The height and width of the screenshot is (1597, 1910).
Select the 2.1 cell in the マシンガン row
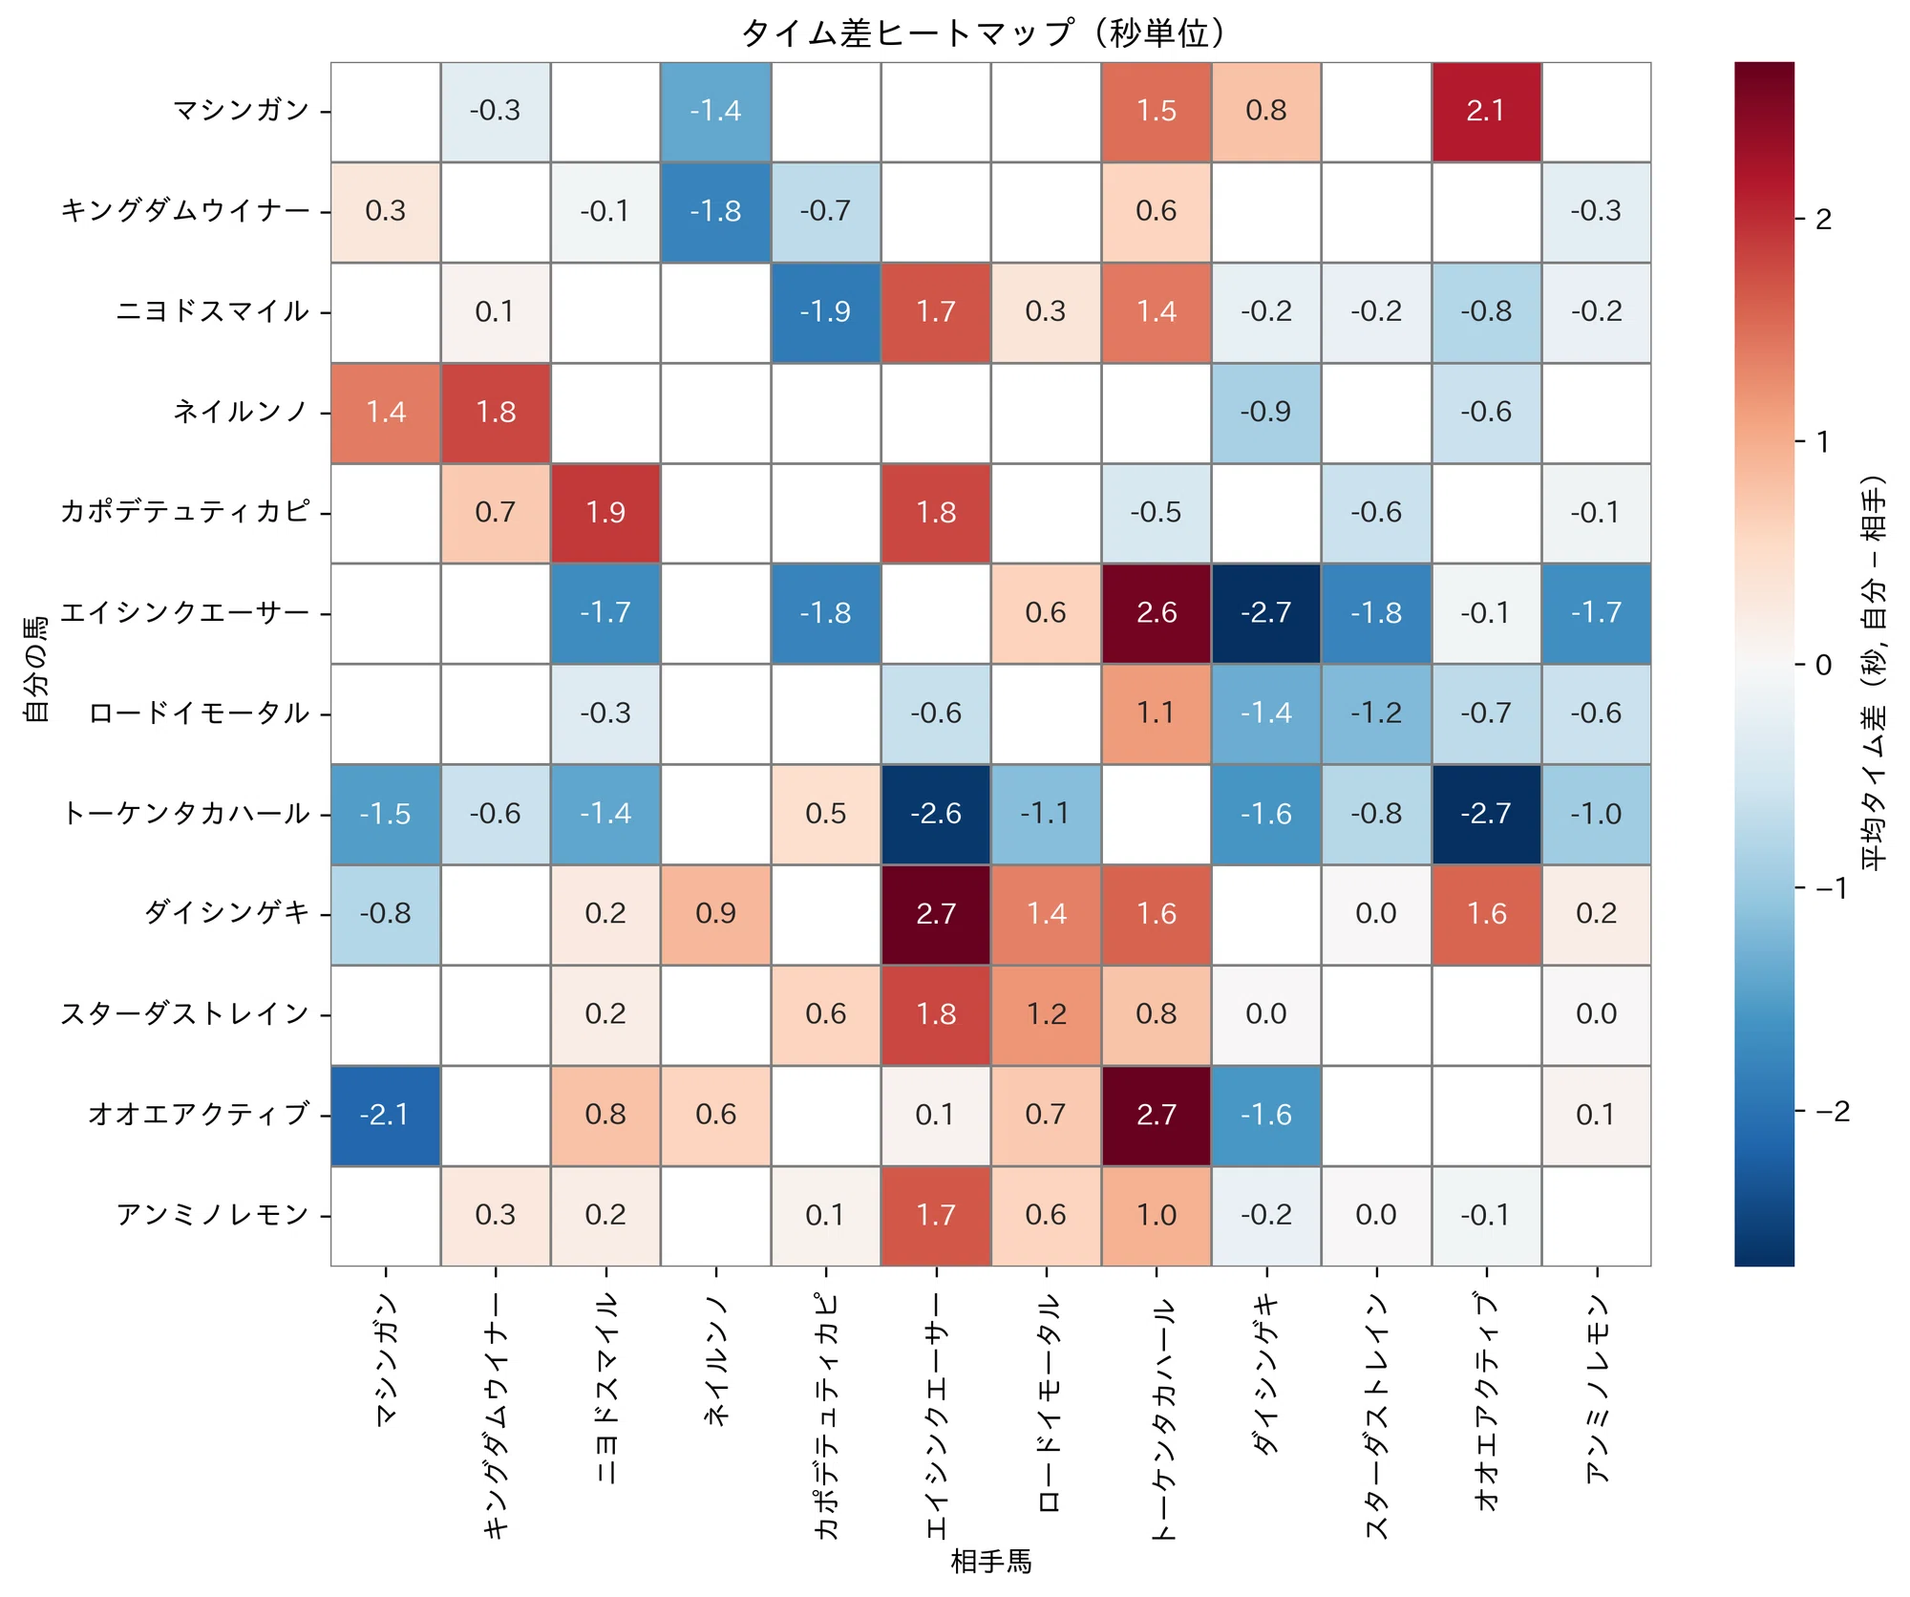click(x=1486, y=112)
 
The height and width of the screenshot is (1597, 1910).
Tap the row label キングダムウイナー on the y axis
click(x=185, y=211)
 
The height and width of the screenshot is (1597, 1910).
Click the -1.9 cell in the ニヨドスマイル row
click(x=825, y=312)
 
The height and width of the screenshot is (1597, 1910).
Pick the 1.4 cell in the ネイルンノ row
click(x=386, y=413)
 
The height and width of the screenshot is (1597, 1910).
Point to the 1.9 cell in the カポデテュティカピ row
click(x=605, y=513)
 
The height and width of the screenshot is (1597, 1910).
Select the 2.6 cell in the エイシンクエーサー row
click(x=1157, y=613)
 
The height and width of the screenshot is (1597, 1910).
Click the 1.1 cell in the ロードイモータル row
click(x=1157, y=713)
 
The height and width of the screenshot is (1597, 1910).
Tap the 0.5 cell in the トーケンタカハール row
click(x=825, y=814)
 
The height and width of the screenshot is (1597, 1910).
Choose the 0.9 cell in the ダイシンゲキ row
click(x=715, y=914)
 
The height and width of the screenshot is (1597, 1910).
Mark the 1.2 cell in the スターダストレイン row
click(x=1046, y=1014)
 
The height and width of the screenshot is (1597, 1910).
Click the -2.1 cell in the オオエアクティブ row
click(x=386, y=1115)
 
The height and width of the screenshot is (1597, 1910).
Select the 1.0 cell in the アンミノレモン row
click(x=1157, y=1215)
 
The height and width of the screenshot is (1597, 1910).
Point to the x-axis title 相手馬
click(x=991, y=1562)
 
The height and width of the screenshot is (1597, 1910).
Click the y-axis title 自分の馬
click(x=35, y=670)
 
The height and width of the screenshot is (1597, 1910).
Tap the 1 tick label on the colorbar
click(x=1822, y=441)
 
